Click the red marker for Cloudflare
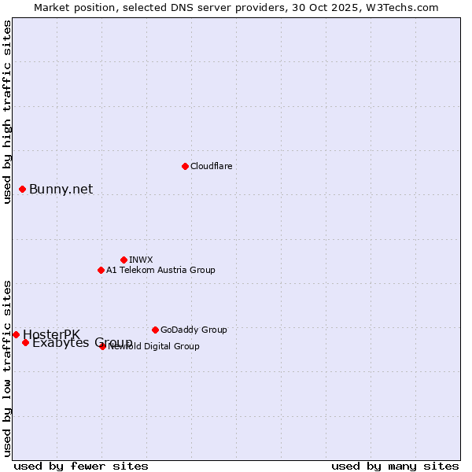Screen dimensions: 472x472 point(185,166)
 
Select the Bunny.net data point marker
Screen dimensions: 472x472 point(23,189)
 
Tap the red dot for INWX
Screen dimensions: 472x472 point(124,260)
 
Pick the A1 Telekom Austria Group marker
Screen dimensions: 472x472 point(101,270)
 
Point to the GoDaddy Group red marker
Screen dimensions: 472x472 point(155,330)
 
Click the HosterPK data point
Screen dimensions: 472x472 point(16,334)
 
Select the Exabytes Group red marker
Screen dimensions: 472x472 point(26,342)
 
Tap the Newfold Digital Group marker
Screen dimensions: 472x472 point(102,346)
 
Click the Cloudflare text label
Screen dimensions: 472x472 point(211,166)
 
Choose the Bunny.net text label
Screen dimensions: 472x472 point(61,189)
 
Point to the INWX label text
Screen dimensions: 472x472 point(141,260)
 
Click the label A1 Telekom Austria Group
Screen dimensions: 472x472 point(160,270)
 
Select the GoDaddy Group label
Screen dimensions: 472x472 point(194,330)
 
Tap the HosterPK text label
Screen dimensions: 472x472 point(51,334)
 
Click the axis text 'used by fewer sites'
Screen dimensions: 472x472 point(81,466)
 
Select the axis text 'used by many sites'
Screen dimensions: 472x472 point(395,466)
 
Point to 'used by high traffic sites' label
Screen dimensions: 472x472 point(7,112)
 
